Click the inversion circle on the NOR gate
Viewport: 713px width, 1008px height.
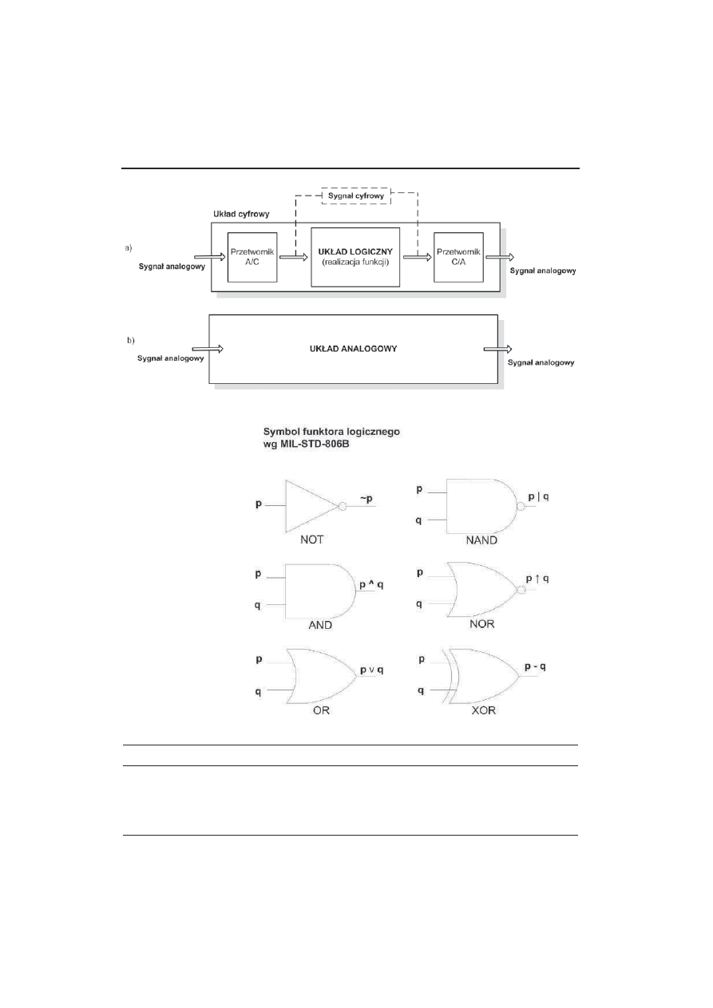(x=521, y=591)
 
